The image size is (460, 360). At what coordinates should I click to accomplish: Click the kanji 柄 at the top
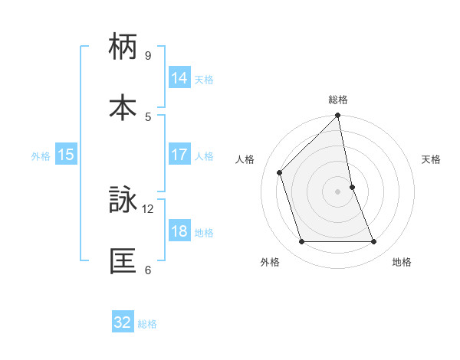point(123,47)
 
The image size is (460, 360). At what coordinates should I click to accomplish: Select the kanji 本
point(123,106)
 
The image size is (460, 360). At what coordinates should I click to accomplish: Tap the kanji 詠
point(123,201)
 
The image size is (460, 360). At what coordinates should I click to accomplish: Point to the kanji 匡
point(123,260)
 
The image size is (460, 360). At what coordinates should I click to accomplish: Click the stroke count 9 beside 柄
point(148,56)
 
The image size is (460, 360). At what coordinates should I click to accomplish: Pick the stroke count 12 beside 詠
point(148,208)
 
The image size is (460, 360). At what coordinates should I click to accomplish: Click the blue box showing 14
point(179,78)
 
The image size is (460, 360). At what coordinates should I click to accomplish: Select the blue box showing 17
point(179,155)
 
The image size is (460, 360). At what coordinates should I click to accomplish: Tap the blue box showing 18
point(179,231)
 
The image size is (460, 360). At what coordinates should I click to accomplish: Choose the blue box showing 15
point(66,155)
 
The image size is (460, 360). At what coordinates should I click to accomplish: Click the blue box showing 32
point(123,322)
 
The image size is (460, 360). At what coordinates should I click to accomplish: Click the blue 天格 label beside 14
point(204,80)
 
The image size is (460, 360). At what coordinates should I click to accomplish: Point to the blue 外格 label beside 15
point(41,156)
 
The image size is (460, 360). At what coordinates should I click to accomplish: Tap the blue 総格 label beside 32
point(147,324)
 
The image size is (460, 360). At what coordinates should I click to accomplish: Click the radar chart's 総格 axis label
point(338,100)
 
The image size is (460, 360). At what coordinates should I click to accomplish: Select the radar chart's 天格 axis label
point(432,159)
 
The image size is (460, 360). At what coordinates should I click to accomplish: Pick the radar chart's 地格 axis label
point(402,262)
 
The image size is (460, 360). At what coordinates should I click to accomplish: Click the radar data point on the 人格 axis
point(280,172)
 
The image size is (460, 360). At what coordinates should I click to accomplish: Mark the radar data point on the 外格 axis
point(301,242)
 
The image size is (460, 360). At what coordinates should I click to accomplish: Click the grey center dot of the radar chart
point(338,191)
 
